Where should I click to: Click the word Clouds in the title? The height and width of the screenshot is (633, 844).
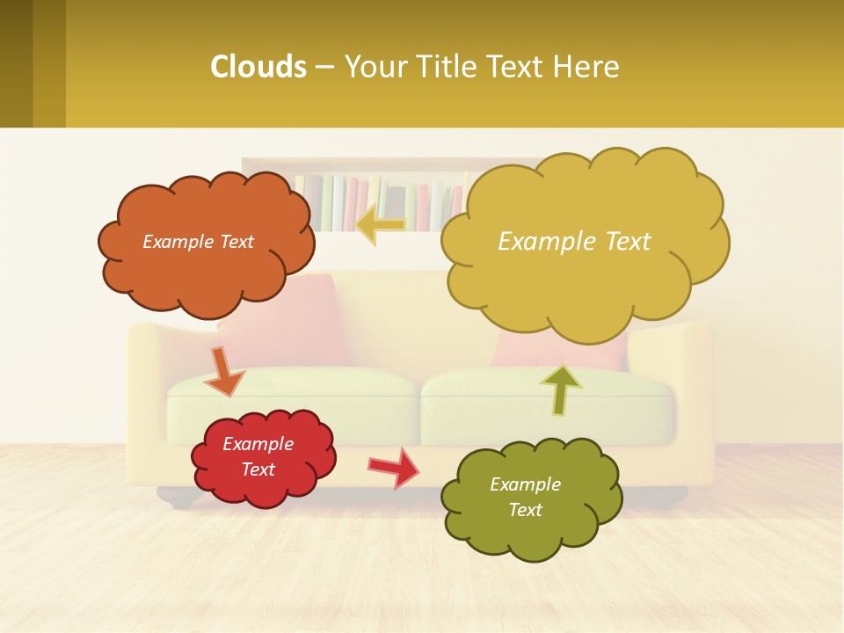tap(258, 67)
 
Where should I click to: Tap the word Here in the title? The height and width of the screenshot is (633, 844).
tap(586, 67)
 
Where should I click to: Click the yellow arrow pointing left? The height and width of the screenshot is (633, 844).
tap(381, 223)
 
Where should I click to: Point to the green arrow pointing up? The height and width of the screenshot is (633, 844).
tap(560, 389)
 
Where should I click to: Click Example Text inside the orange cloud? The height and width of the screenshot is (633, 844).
tap(198, 242)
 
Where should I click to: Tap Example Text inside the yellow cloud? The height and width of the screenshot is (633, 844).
tap(574, 242)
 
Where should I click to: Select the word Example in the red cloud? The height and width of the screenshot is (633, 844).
tap(258, 444)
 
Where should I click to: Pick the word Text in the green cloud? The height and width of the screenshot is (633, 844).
tap(525, 510)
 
